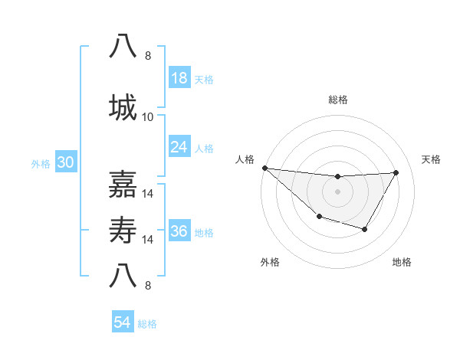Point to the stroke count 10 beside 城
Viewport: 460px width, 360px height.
tap(148, 117)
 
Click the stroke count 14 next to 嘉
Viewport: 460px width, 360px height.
tap(149, 194)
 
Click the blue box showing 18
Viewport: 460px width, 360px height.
tap(179, 78)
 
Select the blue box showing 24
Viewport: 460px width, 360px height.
tap(179, 146)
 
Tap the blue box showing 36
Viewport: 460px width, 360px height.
tap(179, 231)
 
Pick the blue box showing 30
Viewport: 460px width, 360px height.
tap(65, 163)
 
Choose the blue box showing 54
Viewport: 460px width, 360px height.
tap(123, 322)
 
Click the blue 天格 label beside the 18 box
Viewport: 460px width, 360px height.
tap(204, 80)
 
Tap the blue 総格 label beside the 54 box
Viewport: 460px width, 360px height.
tap(147, 324)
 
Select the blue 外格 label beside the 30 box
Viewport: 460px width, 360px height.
tap(41, 164)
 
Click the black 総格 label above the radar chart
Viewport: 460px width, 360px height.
tap(338, 100)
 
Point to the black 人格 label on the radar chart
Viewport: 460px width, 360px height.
tap(245, 159)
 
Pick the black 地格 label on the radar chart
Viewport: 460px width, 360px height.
tap(402, 262)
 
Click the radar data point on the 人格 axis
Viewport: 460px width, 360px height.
tap(264, 168)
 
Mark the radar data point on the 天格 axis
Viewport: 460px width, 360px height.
tap(396, 172)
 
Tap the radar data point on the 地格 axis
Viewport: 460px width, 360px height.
tap(365, 229)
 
